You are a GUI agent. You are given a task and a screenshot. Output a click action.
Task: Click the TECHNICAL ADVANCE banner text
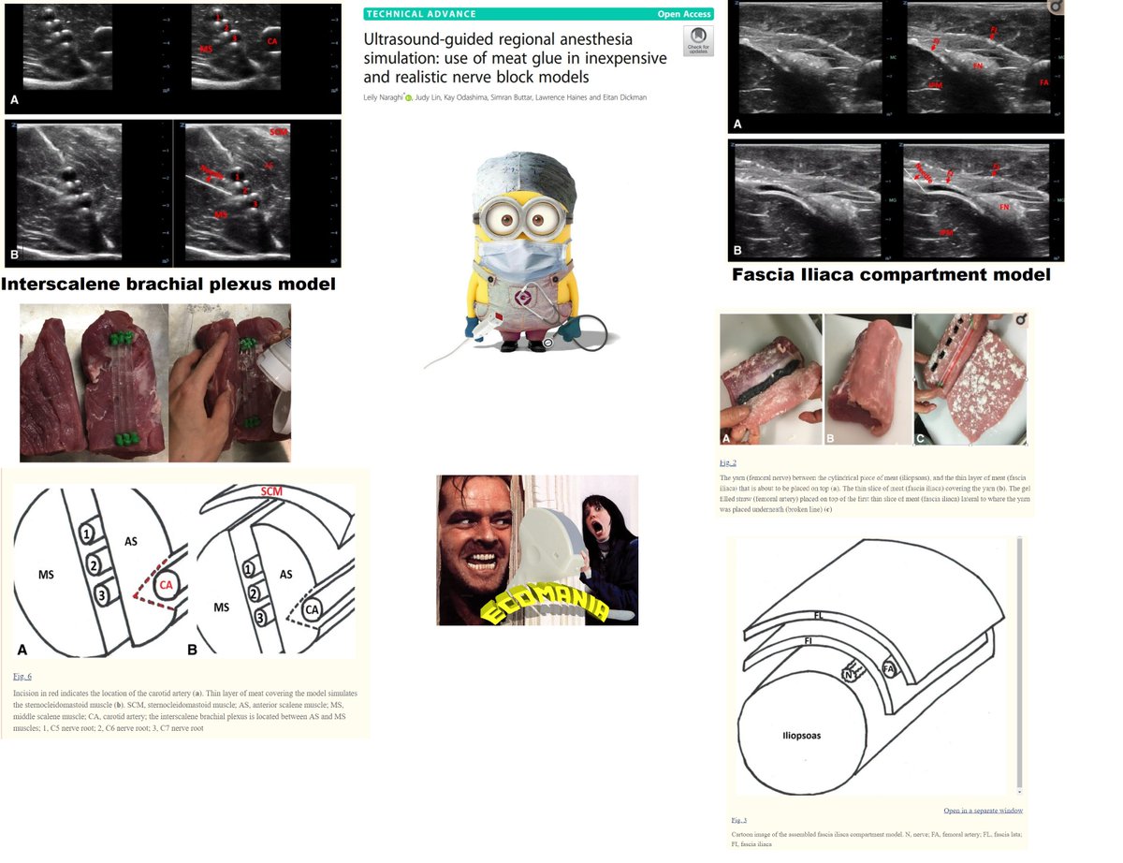click(x=421, y=14)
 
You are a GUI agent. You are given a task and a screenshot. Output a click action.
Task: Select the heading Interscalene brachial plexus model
click(x=169, y=284)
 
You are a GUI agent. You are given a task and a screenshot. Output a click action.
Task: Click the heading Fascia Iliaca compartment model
click(x=891, y=275)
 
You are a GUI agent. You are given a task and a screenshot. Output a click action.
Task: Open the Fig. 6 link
click(x=23, y=675)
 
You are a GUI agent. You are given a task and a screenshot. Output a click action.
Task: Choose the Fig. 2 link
click(x=728, y=462)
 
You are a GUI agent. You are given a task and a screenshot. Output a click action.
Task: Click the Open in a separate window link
click(x=983, y=810)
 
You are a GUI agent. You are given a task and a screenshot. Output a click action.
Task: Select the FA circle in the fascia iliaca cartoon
click(x=888, y=669)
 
